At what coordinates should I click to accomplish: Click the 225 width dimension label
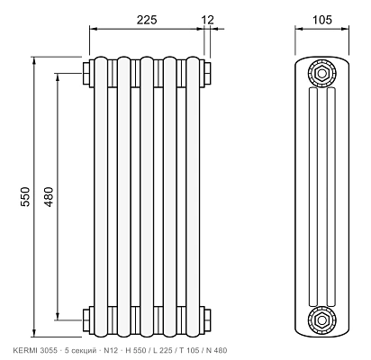click(147, 20)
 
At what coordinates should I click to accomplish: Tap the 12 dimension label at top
click(208, 20)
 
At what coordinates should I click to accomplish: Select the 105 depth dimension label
click(322, 20)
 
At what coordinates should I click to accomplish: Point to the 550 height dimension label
click(25, 197)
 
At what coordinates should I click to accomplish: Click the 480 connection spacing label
click(49, 197)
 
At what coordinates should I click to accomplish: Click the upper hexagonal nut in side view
click(321, 74)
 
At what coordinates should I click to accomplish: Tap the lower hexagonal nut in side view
click(321, 320)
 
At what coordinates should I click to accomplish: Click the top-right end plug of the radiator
click(206, 74)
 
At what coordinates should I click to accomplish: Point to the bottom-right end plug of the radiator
click(206, 320)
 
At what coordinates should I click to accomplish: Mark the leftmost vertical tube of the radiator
click(101, 197)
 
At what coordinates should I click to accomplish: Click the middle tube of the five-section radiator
click(147, 197)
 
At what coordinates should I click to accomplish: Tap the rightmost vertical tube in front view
click(193, 197)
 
